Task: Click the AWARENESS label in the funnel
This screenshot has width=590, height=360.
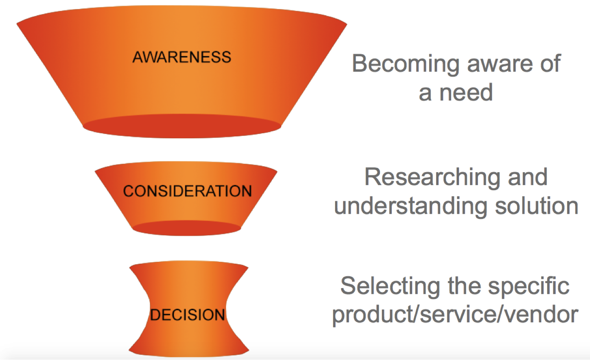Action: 182,57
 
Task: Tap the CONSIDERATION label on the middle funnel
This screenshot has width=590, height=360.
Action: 187,191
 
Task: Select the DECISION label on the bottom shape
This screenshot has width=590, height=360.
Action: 187,315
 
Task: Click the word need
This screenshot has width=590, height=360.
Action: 466,92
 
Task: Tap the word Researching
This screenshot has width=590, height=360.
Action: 432,178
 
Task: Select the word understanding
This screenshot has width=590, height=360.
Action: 411,207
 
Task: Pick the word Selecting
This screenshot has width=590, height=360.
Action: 390,287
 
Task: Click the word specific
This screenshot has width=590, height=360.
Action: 529,287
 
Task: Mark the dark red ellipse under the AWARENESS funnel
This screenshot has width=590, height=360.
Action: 182,126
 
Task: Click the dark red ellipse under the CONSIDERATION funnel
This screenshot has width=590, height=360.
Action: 186,228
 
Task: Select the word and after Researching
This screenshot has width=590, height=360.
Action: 528,177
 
